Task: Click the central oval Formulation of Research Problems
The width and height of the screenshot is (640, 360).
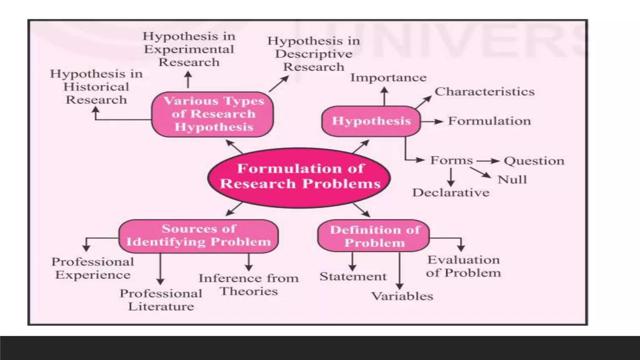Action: [299, 177]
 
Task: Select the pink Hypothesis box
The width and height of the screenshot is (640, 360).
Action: [371, 121]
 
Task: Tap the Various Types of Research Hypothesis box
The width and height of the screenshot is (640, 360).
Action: [213, 114]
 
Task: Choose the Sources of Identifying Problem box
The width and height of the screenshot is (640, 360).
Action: [198, 236]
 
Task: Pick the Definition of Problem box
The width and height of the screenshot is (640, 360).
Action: [374, 236]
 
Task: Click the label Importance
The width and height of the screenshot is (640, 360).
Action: [388, 78]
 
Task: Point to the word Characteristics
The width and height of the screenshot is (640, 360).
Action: [484, 92]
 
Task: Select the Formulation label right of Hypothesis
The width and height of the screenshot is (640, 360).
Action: [489, 121]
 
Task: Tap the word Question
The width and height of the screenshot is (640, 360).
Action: [534, 161]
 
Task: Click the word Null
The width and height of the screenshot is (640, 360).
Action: [512, 180]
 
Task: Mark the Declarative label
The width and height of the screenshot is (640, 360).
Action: [451, 193]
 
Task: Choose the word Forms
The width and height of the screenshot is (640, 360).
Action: [451, 161]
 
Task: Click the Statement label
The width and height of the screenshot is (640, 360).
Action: [353, 277]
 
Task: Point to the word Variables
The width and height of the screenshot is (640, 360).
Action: [402, 296]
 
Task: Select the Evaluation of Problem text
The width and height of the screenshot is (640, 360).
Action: [463, 267]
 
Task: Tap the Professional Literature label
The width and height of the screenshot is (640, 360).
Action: [161, 300]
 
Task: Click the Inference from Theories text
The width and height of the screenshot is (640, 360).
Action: [249, 285]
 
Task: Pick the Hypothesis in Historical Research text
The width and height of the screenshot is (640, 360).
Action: [96, 87]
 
